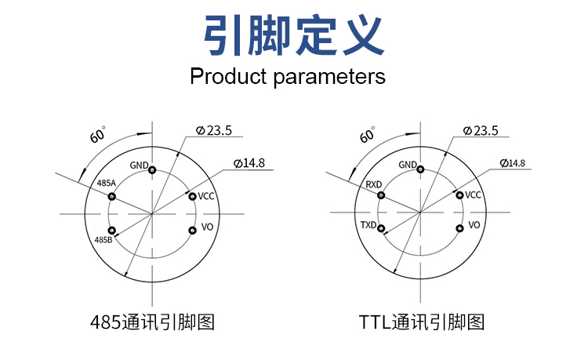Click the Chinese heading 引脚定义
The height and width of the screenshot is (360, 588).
tap(293, 35)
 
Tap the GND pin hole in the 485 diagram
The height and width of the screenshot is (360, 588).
tap(153, 170)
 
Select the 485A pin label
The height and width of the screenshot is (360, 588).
tap(106, 184)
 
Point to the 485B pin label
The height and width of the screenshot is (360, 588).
tap(103, 239)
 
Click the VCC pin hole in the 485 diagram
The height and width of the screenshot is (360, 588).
tap(192, 196)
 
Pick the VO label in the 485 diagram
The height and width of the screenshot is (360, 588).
tap(208, 226)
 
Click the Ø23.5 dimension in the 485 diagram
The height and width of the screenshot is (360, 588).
tap(213, 131)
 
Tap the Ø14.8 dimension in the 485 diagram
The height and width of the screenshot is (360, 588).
tap(249, 163)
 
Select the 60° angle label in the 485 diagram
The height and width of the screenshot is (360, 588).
tap(98, 134)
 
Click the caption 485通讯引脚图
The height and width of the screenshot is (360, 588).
tap(153, 322)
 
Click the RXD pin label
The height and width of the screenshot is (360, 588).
tap(373, 184)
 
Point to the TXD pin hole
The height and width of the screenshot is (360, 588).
tap(382, 230)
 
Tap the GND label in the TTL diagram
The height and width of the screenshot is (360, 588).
tap(408, 165)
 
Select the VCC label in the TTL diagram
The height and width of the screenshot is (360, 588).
tap(474, 195)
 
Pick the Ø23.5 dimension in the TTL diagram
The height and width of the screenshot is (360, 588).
tap(481, 131)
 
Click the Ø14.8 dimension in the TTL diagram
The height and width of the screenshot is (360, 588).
tap(512, 163)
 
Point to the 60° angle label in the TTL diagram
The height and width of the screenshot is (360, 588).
tap(367, 134)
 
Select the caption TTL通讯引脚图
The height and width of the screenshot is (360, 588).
tap(422, 322)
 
